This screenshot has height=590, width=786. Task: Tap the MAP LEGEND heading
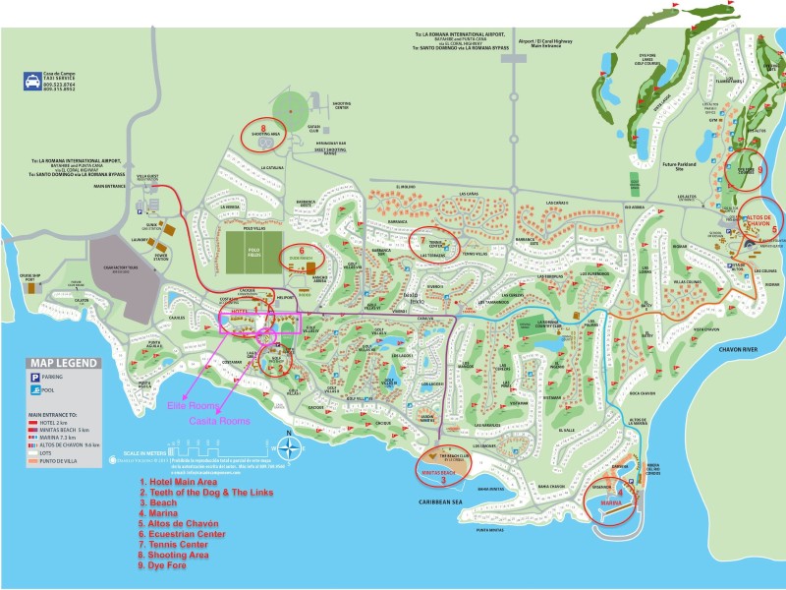coord(62,363)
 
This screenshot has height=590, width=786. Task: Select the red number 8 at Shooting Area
coord(264,126)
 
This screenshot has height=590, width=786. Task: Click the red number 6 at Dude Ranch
coord(303,249)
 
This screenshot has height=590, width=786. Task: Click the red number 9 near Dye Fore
coord(760,168)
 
